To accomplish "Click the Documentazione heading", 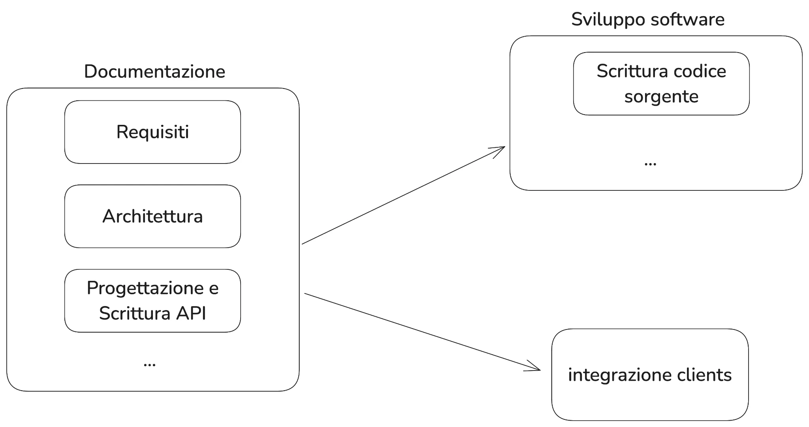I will tap(154, 71).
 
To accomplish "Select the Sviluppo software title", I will tap(648, 19).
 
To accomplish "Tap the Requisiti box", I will tap(152, 132).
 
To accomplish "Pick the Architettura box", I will tap(152, 216).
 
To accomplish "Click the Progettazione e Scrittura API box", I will tap(152, 301).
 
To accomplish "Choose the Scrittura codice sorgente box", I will tap(661, 84).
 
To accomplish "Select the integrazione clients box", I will tap(650, 374).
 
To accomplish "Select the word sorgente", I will tap(661, 97).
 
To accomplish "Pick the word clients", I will tap(704, 374).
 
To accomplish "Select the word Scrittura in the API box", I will tap(134, 313).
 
